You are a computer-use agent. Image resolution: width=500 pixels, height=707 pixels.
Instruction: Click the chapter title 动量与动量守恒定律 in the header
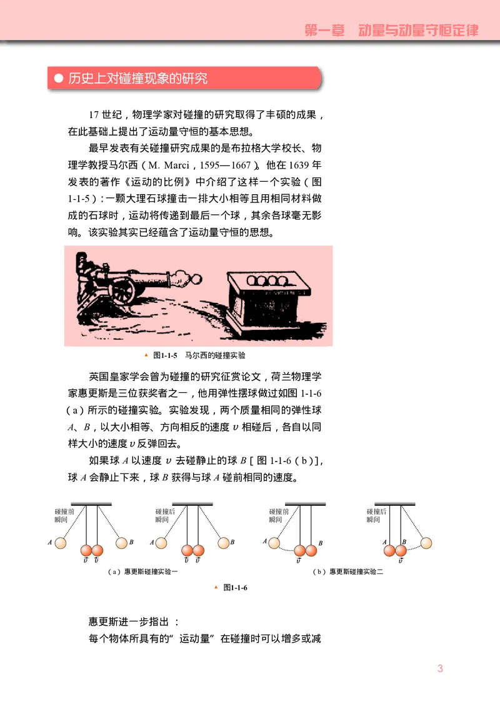[x=418, y=30]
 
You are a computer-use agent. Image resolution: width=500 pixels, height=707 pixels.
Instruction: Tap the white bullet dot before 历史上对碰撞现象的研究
[x=58, y=79]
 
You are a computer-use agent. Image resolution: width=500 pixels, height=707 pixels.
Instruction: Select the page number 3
[x=440, y=668]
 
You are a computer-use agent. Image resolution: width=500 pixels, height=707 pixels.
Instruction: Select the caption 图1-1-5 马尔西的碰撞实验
[x=199, y=355]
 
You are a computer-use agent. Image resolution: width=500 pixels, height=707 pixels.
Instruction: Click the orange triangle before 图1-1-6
[x=216, y=586]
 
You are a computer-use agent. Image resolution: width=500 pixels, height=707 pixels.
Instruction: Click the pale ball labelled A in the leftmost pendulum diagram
[x=60, y=542]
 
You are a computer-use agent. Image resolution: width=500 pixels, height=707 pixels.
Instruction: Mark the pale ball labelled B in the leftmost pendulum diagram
[x=122, y=542]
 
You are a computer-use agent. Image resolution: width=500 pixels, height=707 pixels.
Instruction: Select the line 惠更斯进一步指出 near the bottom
[x=134, y=622]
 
